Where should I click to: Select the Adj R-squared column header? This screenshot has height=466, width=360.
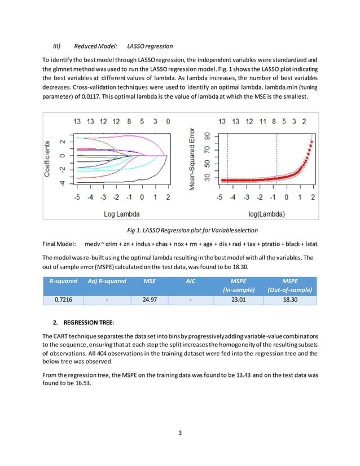pos(107,280)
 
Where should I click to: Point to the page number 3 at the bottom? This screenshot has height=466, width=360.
pos(180,433)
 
